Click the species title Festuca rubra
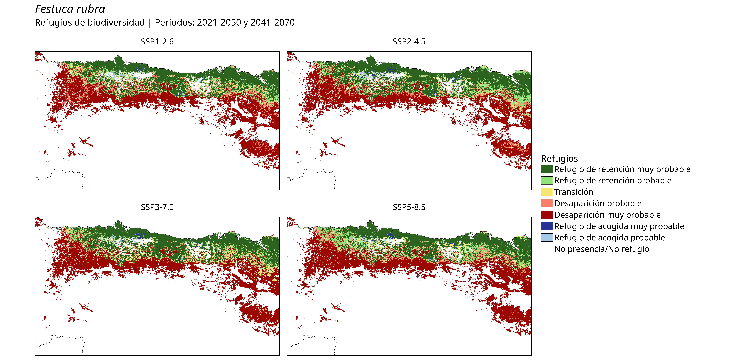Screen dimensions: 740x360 point(70,9)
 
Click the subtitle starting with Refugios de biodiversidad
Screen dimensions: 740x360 point(165,22)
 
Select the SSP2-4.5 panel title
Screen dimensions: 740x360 point(409,42)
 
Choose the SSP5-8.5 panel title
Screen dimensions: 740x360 point(409,207)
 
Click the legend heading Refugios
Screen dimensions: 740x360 point(559,159)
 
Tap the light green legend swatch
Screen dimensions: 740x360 point(547,180)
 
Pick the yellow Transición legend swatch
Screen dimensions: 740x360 point(547,192)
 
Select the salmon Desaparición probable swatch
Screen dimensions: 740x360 point(547,203)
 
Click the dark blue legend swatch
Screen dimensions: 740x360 point(547,226)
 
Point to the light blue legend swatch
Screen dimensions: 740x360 point(547,238)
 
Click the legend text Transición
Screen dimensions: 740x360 point(574,192)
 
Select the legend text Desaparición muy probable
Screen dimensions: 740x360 point(607,215)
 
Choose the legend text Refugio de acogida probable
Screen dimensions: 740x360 point(610,238)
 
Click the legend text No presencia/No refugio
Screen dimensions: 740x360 point(602,249)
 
